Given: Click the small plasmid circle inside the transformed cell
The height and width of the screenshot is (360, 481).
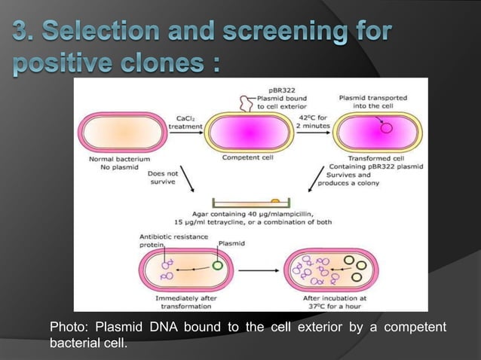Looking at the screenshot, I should [x=388, y=127].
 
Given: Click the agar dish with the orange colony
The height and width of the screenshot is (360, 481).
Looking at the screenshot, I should [x=249, y=202].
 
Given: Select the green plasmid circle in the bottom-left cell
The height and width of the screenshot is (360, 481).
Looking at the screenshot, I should [x=217, y=264].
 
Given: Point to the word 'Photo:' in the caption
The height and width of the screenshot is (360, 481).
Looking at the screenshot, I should [x=68, y=327].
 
